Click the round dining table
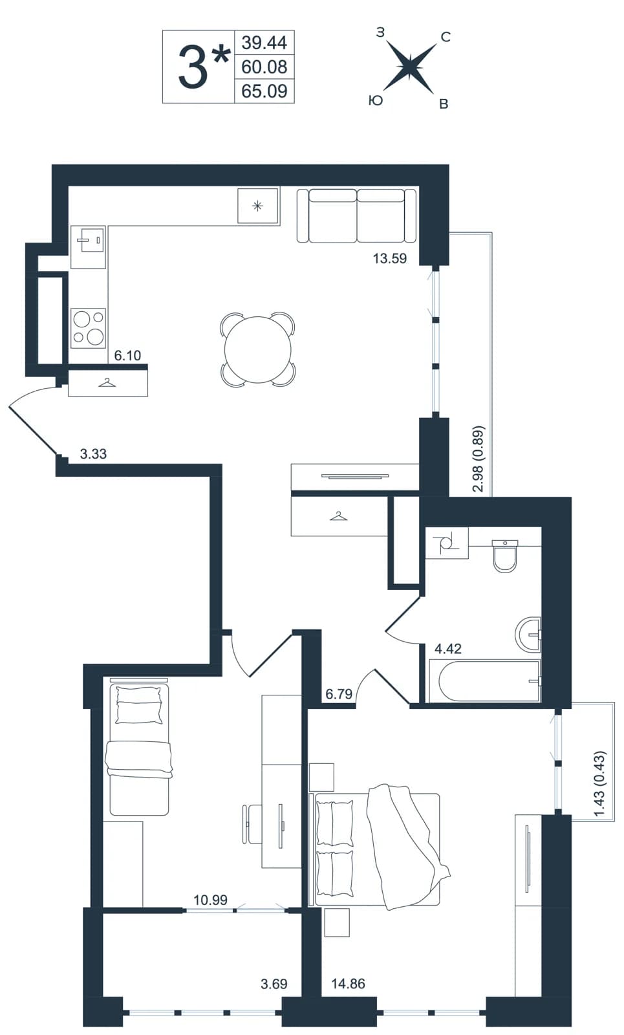[x=258, y=350]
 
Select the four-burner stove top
[x=88, y=328]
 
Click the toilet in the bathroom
[x=505, y=556]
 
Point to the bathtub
[x=484, y=681]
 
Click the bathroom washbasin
[x=528, y=634]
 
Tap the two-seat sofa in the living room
[x=356, y=215]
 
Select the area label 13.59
[x=390, y=258]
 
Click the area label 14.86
[x=349, y=984]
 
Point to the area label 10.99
[x=210, y=900]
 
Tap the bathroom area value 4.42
[x=448, y=649]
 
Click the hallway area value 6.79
[x=339, y=693]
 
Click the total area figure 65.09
[x=264, y=91]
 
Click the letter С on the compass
[x=446, y=37]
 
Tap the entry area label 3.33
[x=93, y=453]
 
